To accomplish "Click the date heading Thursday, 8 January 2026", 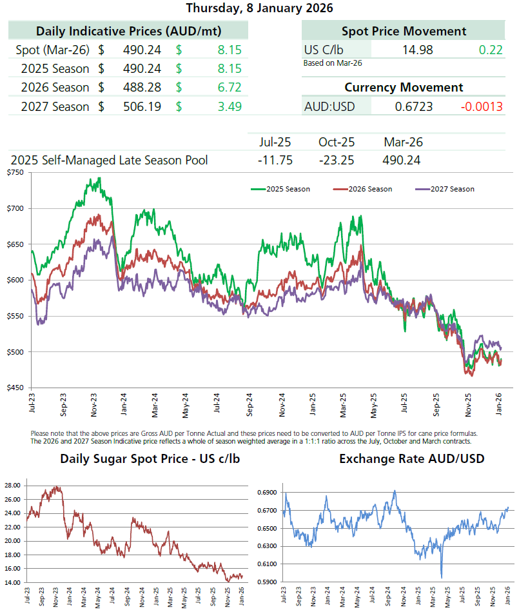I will click(x=259, y=8).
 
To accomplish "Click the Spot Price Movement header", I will click(x=404, y=31).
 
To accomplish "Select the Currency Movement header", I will click(x=404, y=87).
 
